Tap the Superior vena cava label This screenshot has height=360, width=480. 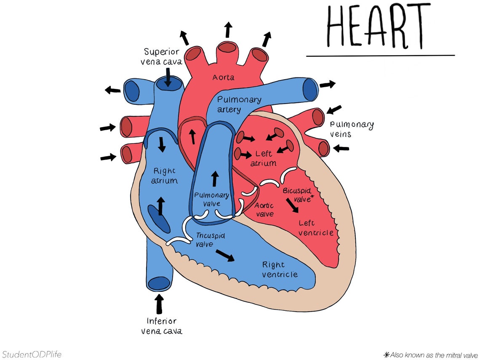(162, 57)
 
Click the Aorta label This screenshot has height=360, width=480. (223, 77)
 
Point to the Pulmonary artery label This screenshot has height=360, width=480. (239, 104)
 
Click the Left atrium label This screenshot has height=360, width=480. (264, 158)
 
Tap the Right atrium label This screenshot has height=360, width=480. (165, 176)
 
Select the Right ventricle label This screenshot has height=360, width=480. (280, 269)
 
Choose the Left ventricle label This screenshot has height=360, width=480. (316, 228)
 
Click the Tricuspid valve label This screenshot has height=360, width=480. (210, 240)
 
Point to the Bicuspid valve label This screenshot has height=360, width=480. (299, 195)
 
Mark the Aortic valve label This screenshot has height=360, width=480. (264, 210)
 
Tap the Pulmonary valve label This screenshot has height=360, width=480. (211, 199)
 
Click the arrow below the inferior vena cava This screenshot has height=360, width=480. (159, 304)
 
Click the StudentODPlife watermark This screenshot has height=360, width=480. (31, 354)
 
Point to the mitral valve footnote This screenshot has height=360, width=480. (431, 355)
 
